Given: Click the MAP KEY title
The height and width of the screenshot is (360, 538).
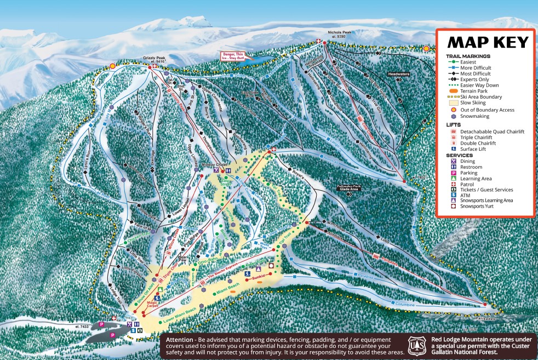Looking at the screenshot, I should [x=488, y=42].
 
